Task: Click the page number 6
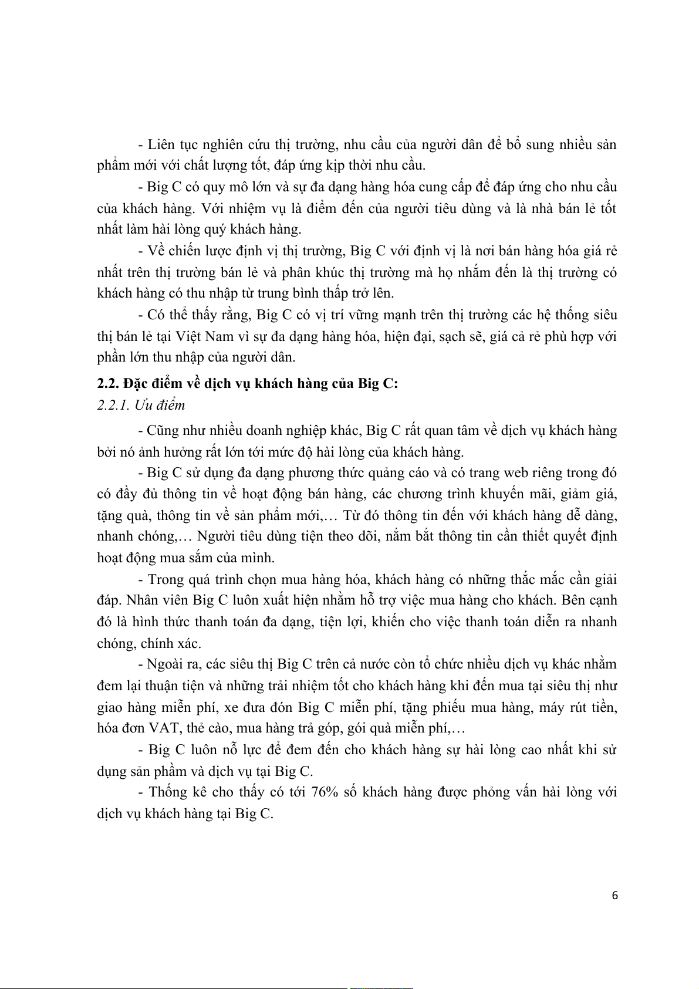(x=614, y=895)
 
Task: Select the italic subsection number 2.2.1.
(x=113, y=405)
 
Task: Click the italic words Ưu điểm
(x=160, y=405)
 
